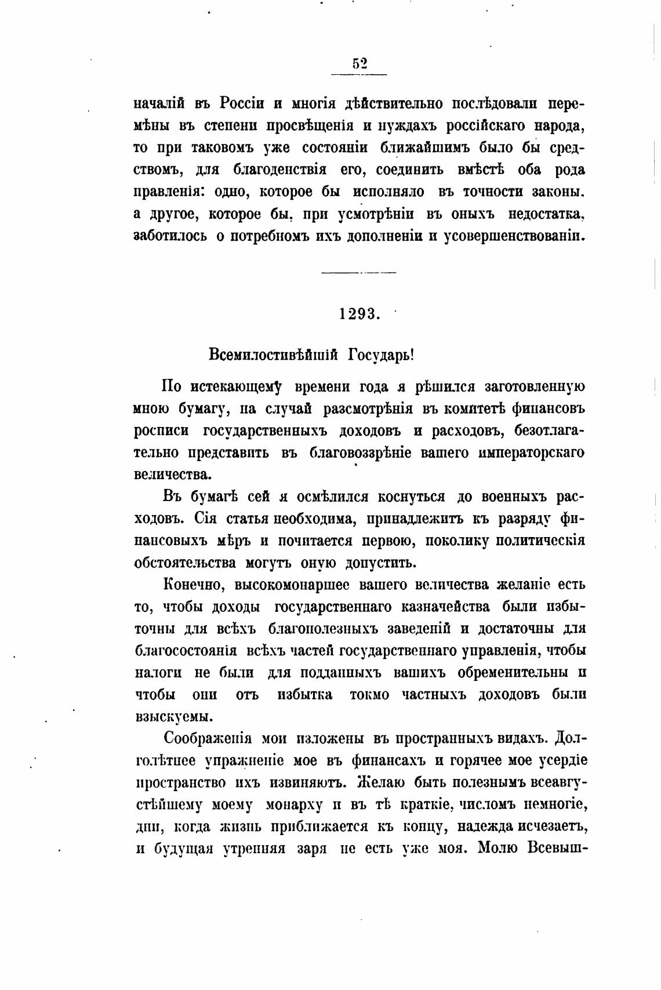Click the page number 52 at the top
[359, 64]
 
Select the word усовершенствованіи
[513, 237]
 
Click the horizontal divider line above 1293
[358, 273]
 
